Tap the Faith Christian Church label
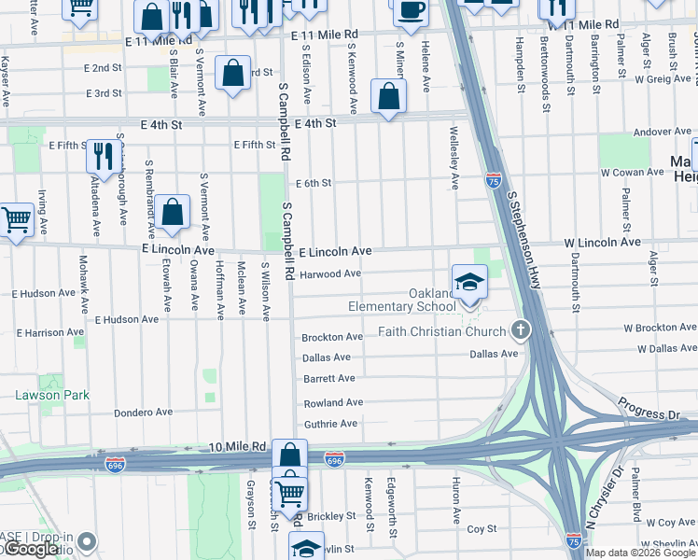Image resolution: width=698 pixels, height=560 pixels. pos(442,331)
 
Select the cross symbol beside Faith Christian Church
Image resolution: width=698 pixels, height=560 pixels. pos(521,330)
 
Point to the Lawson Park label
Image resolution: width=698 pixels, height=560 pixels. pos(52,395)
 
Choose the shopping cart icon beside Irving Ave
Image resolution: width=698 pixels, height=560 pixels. pos(16,221)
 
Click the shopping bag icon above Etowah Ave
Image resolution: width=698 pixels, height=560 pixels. pos(173,213)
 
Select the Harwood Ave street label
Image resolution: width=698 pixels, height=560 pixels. pos(331,273)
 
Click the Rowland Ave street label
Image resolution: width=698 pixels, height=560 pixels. pos(333,402)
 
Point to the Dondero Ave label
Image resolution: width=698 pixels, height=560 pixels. pos(144,412)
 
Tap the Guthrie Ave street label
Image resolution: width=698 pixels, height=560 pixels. pos(330,424)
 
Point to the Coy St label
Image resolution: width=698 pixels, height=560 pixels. pos(482,528)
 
